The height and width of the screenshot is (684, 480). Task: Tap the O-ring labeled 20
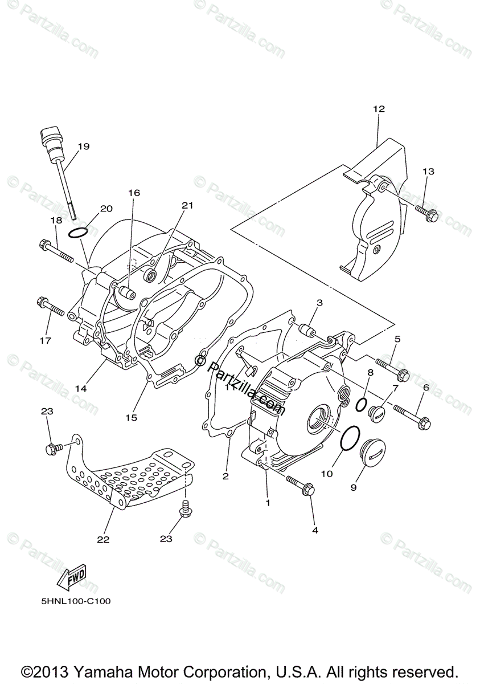click(x=78, y=233)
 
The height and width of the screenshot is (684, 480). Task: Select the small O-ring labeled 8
click(x=361, y=404)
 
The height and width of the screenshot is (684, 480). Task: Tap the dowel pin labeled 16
click(x=126, y=294)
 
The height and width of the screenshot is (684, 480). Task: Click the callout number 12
click(x=379, y=109)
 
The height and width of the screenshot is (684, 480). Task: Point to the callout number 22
click(x=103, y=538)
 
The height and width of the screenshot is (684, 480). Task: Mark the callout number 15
click(x=132, y=418)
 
